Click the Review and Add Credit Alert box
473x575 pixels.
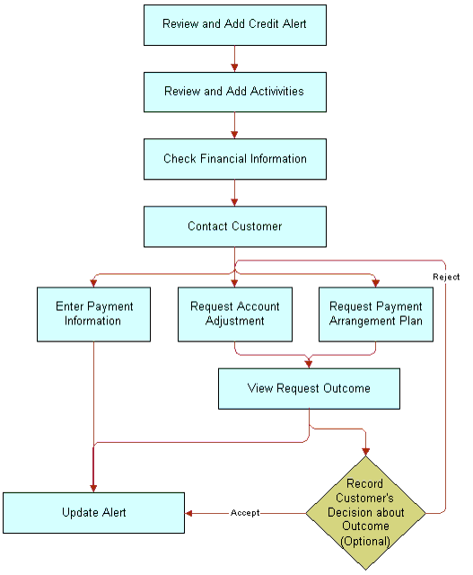[x=235, y=25]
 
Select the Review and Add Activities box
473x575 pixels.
[x=235, y=92]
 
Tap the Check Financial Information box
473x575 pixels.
[x=235, y=159]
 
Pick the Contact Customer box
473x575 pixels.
[x=235, y=226]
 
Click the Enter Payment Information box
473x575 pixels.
[x=94, y=314]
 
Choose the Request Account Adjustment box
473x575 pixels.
[x=235, y=314]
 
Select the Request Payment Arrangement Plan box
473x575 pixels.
[x=376, y=314]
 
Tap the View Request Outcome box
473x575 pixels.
[x=309, y=389]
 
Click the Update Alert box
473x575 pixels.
[x=94, y=513]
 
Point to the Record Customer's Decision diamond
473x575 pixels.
[x=365, y=513]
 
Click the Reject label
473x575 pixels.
[x=446, y=277]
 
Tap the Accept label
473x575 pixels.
[x=245, y=513]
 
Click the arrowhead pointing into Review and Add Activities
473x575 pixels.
[x=234, y=68]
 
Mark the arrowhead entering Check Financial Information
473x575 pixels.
[x=234, y=135]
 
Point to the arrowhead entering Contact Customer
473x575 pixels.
[x=234, y=202]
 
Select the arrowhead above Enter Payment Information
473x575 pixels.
[x=93, y=283]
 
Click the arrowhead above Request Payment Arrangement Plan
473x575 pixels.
[x=375, y=283]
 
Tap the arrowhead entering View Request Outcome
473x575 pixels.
[x=309, y=364]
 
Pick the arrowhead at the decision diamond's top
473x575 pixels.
[x=365, y=452]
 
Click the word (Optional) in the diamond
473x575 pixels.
[x=365, y=541]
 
